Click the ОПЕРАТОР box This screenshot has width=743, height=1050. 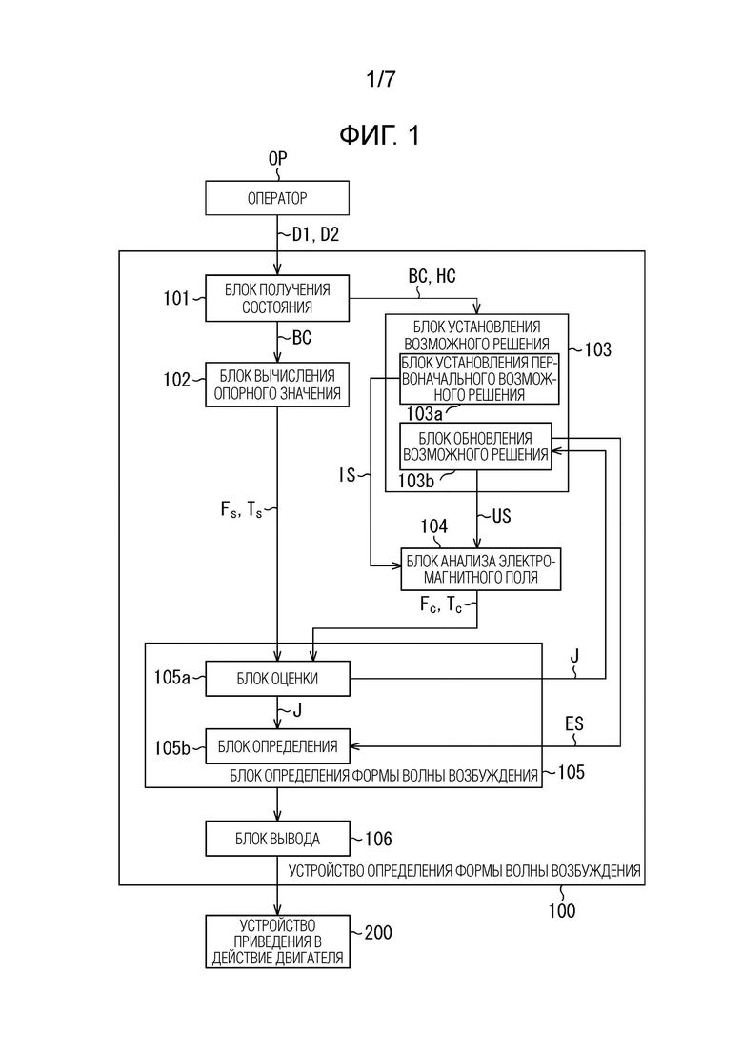tap(277, 199)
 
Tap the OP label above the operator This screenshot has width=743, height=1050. tap(276, 159)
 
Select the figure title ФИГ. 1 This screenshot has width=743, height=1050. tap(378, 135)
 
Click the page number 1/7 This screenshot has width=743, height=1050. tap(379, 80)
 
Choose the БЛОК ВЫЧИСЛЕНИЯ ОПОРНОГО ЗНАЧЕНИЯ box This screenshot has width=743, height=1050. tap(277, 385)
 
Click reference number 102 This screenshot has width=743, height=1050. tap(177, 380)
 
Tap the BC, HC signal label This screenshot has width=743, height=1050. tap(432, 276)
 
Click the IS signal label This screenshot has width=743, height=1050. tap(346, 474)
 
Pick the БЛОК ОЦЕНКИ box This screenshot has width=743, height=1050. tap(277, 679)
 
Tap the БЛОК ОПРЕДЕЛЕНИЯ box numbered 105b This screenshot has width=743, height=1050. tap(277, 744)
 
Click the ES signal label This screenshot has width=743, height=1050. tap(573, 726)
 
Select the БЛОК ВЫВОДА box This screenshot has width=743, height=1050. tap(277, 839)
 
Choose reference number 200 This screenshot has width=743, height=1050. tap(377, 934)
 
